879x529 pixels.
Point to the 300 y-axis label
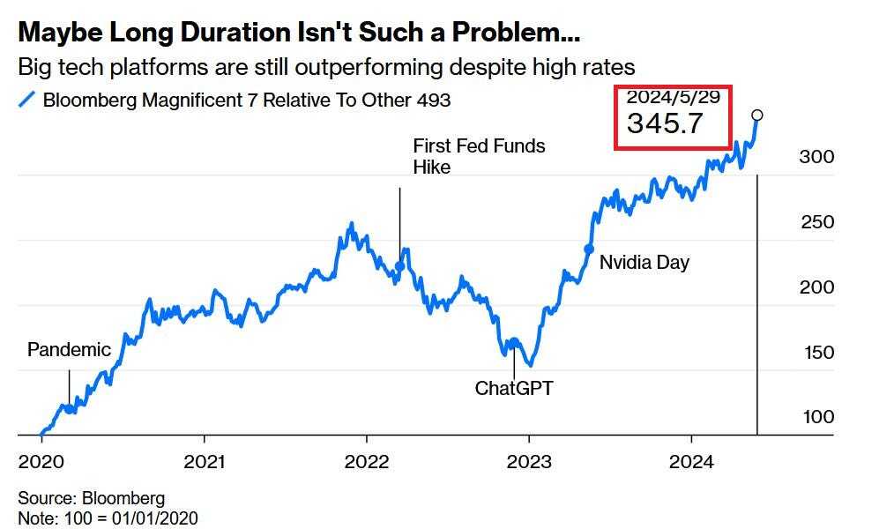(817, 157)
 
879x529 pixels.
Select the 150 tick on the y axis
(817, 352)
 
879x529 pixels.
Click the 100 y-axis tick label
(817, 417)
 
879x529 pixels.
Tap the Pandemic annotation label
(69, 349)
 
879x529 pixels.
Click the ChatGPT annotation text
(514, 387)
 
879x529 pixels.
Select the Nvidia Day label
(644, 262)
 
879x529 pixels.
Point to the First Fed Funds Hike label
(479, 156)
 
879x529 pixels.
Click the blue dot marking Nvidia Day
(589, 249)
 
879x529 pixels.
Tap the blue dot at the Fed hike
(399, 265)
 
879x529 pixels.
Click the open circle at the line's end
(756, 115)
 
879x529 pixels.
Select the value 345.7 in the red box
(665, 123)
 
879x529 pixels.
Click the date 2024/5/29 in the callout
(667, 96)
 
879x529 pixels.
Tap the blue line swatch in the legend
(26, 101)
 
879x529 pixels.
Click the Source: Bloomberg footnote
(91, 499)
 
